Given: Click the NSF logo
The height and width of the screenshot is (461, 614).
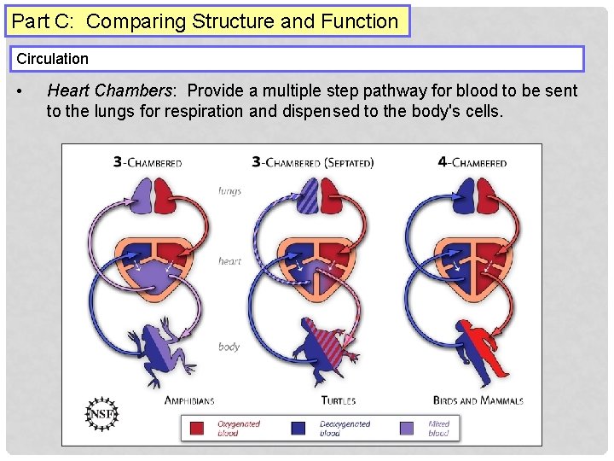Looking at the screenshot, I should point(103,413).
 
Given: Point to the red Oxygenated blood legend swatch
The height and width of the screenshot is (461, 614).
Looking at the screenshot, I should point(198,427).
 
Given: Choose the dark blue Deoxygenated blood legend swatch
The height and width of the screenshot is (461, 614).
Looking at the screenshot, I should point(299,427).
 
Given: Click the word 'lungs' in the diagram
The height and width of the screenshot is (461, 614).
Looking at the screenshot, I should point(229,190).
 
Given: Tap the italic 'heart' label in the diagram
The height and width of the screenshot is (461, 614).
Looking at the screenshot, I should point(229,261).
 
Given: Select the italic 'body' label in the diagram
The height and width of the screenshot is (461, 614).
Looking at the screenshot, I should point(229,347).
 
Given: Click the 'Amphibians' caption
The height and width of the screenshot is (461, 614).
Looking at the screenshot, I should point(188,400).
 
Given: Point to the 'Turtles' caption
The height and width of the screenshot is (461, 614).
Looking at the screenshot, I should point(338,400).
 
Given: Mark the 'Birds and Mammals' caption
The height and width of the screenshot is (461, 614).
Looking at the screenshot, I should point(478,400).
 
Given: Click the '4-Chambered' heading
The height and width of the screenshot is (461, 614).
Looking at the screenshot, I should point(471,162).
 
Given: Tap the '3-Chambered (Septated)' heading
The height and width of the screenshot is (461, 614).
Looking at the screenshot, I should point(313,162).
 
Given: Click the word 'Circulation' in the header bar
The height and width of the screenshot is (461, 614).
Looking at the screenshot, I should point(53,59).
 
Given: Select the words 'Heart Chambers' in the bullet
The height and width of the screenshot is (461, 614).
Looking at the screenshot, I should point(107,90).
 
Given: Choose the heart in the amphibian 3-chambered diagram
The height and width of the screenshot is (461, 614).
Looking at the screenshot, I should point(157,266).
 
